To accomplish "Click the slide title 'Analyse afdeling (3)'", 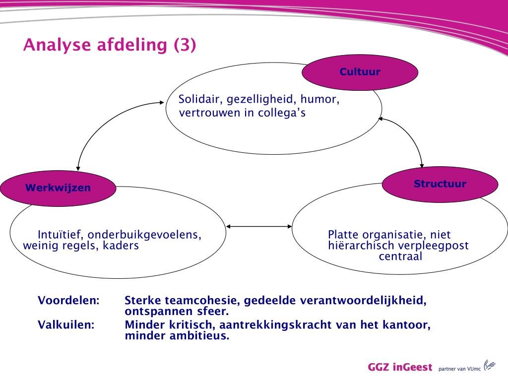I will point(110,45).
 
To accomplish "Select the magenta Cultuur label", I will point(360,72).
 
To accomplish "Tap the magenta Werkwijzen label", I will point(58,188).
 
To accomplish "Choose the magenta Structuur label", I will point(440,184).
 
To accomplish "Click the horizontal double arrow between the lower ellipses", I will point(259,227).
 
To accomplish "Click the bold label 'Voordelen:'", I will point(68,301).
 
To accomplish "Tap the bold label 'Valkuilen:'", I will point(66,325).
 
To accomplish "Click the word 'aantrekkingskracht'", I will point(286,325).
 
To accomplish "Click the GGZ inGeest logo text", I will point(400,368).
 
